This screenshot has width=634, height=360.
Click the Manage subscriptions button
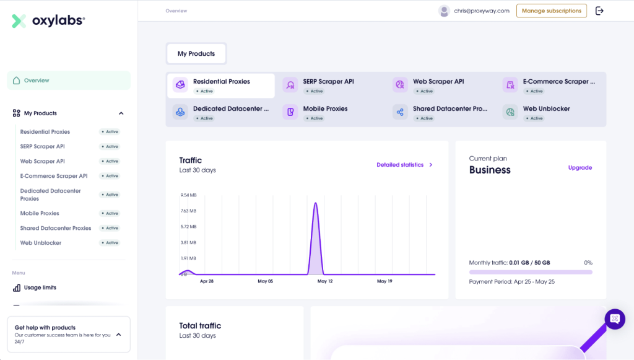[551, 11]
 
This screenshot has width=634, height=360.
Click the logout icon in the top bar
[599, 11]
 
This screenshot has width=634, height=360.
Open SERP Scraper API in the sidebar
[43, 147]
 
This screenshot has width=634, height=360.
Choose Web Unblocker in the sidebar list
[41, 243]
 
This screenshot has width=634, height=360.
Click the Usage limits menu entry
[40, 288]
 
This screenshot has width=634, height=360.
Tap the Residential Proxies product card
[220, 86]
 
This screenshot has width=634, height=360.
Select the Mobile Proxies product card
[325, 112]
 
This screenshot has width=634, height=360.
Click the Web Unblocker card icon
[510, 112]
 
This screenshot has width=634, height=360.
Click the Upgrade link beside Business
[580, 168]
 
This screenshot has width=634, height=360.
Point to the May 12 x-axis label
[325, 281]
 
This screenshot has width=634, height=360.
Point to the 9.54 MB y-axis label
[188, 195]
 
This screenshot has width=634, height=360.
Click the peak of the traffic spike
[316, 203]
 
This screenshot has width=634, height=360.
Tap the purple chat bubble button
[615, 318]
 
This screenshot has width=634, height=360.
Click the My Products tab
[196, 54]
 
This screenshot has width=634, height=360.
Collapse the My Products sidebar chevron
[121, 113]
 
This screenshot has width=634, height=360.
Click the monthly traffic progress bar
[531, 272]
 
